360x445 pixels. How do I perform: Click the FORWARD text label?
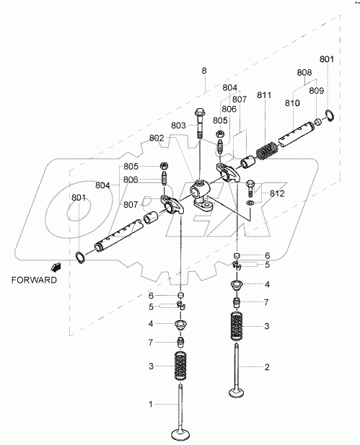pyautogui.click(x=34, y=280)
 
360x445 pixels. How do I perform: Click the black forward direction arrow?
pyautogui.click(x=56, y=267)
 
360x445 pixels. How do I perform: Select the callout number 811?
pyautogui.click(x=264, y=95)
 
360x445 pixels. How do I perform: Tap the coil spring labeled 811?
pyautogui.click(x=267, y=150)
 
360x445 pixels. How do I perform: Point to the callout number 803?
pyautogui.click(x=178, y=125)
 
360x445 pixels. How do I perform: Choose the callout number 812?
pyautogui.click(x=277, y=193)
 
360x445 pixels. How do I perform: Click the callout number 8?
pyautogui.click(x=204, y=71)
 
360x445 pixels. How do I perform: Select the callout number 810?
pyautogui.click(x=292, y=102)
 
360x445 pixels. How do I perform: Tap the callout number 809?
pyautogui.click(x=316, y=91)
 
